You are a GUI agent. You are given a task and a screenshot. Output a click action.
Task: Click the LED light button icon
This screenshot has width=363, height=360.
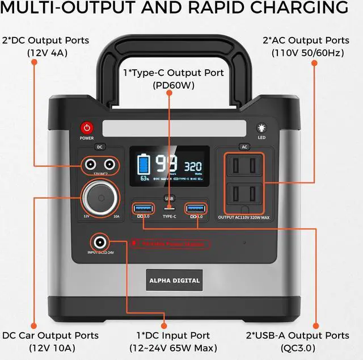pyautogui.click(x=261, y=128)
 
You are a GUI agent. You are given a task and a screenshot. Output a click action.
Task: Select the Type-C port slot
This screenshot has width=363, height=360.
pyautogui.click(x=169, y=208)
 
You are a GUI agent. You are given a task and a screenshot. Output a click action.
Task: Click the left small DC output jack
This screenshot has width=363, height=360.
pyautogui.click(x=90, y=165)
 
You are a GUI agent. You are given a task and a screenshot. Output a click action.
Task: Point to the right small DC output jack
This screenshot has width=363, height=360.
pyautogui.click(x=110, y=165)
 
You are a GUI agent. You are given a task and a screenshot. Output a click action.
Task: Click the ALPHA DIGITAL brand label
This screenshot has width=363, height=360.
pyautogui.click(x=175, y=280)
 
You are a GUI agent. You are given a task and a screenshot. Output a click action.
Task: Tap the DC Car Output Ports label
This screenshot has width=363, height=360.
pyautogui.click(x=50, y=336)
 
